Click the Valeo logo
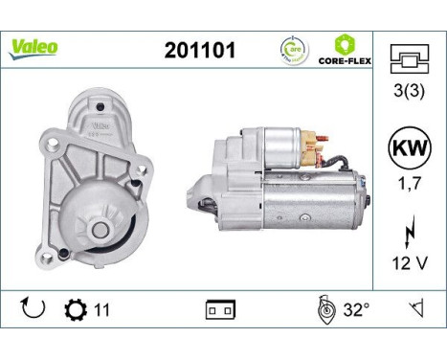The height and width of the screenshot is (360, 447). (x=34, y=46)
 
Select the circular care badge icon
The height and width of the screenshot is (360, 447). (x=293, y=48)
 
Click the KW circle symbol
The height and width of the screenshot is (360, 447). (x=410, y=149)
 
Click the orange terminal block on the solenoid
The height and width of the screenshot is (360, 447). (x=308, y=146)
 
